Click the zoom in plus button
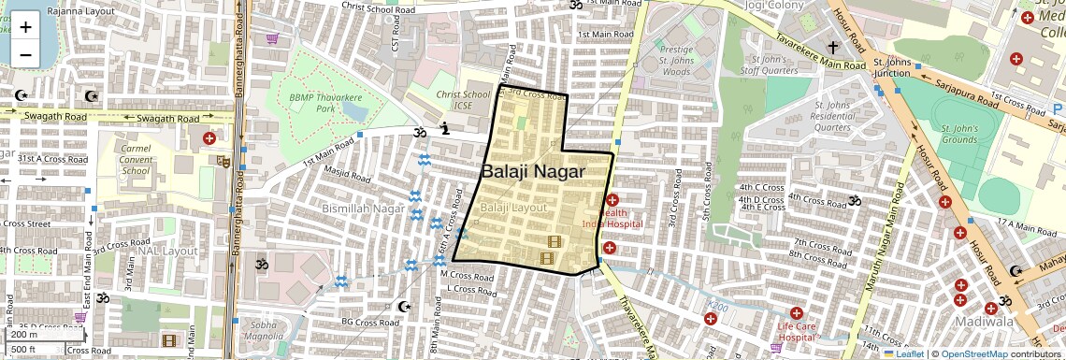(x=25, y=27)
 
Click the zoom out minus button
(x=25, y=54)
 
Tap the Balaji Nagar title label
(x=533, y=172)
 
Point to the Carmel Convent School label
(x=136, y=159)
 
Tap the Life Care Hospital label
(x=797, y=331)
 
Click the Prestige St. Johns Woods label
(x=676, y=60)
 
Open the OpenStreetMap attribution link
(x=974, y=353)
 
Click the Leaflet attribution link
(x=908, y=353)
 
